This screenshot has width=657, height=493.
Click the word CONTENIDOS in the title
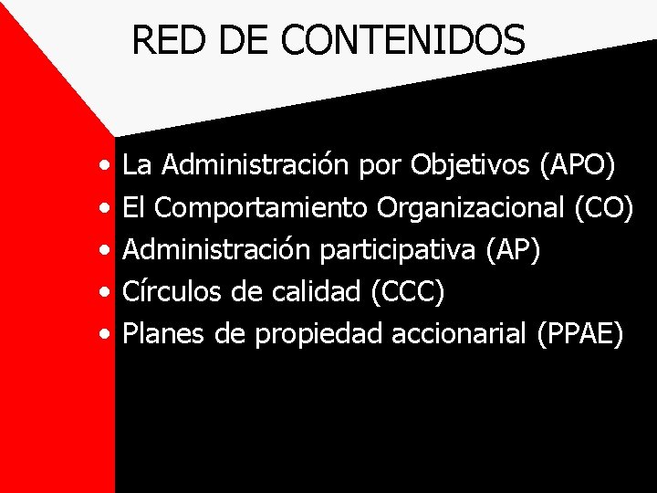403,40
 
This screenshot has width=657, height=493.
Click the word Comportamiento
262,207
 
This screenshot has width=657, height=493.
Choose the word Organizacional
472,207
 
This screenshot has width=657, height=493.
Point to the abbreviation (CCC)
408,292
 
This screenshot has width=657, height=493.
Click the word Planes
165,334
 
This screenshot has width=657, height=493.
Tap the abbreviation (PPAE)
580,334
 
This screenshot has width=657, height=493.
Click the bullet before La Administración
108,167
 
